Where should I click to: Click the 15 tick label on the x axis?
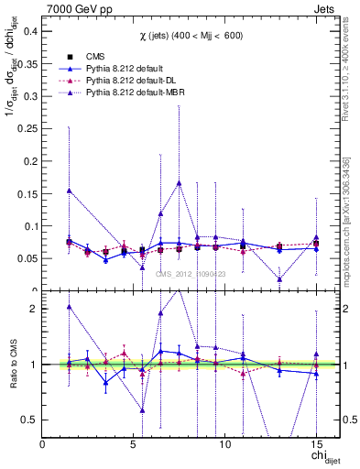click(316, 443)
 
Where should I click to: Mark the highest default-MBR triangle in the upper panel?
click(179, 182)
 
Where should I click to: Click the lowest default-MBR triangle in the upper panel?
click(279, 279)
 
